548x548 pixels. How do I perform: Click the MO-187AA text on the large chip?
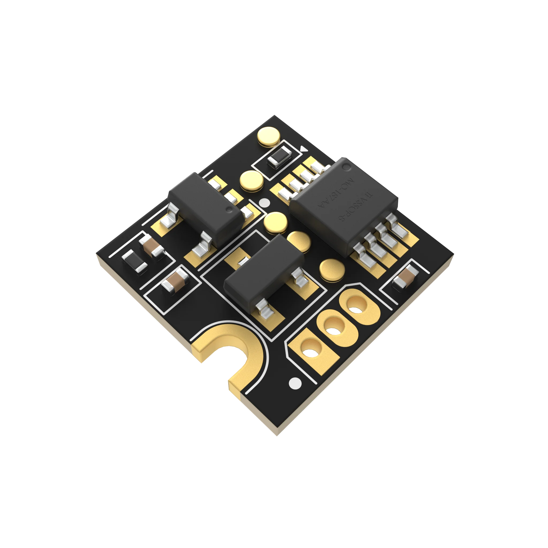coord(336,193)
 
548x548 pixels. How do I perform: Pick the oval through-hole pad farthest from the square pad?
coord(356,306)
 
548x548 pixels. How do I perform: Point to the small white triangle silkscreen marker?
coord(303,149)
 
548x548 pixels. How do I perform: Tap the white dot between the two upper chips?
coord(265,203)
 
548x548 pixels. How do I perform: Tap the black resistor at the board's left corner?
coord(134,261)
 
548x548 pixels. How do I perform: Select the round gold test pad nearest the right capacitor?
coord(332,269)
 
